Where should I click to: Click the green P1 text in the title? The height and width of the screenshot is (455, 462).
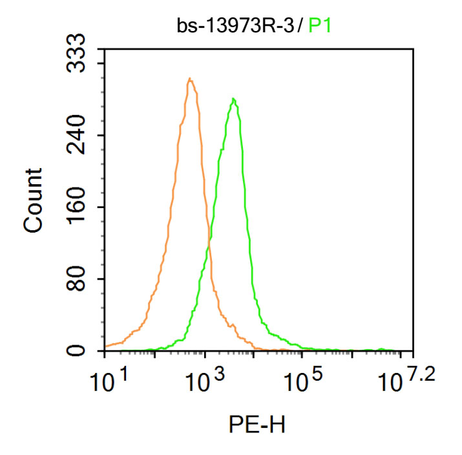320,25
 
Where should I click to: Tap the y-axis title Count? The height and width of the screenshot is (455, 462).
33,200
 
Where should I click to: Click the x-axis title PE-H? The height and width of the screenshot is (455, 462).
257,425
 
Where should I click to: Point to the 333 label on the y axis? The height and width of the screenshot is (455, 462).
79,63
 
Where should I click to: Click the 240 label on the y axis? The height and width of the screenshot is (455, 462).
79,135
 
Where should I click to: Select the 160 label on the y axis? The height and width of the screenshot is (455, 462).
79,207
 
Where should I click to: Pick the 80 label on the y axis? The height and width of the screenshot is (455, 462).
79,279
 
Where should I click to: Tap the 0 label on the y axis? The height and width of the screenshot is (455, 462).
79,351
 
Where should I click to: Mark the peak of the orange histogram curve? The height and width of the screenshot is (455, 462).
189,79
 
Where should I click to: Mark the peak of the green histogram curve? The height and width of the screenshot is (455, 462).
233,99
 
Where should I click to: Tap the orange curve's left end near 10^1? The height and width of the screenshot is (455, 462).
105,346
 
